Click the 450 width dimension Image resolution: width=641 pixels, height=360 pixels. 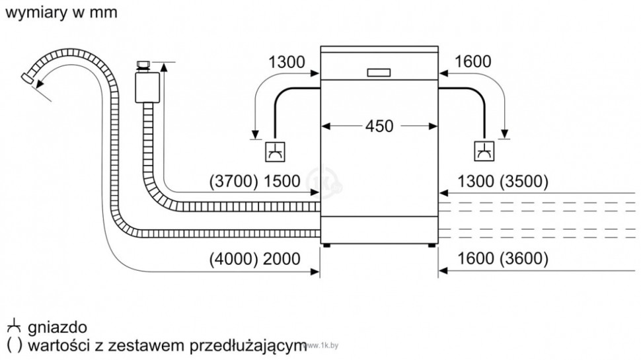379,126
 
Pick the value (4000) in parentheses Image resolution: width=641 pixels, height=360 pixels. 233,258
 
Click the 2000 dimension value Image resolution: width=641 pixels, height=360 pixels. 282,258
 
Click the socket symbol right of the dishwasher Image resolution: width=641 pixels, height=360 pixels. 484,151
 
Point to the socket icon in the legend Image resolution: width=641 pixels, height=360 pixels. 13,328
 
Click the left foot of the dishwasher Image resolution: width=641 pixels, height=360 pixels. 327,246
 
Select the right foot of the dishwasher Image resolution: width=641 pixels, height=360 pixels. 432,246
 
